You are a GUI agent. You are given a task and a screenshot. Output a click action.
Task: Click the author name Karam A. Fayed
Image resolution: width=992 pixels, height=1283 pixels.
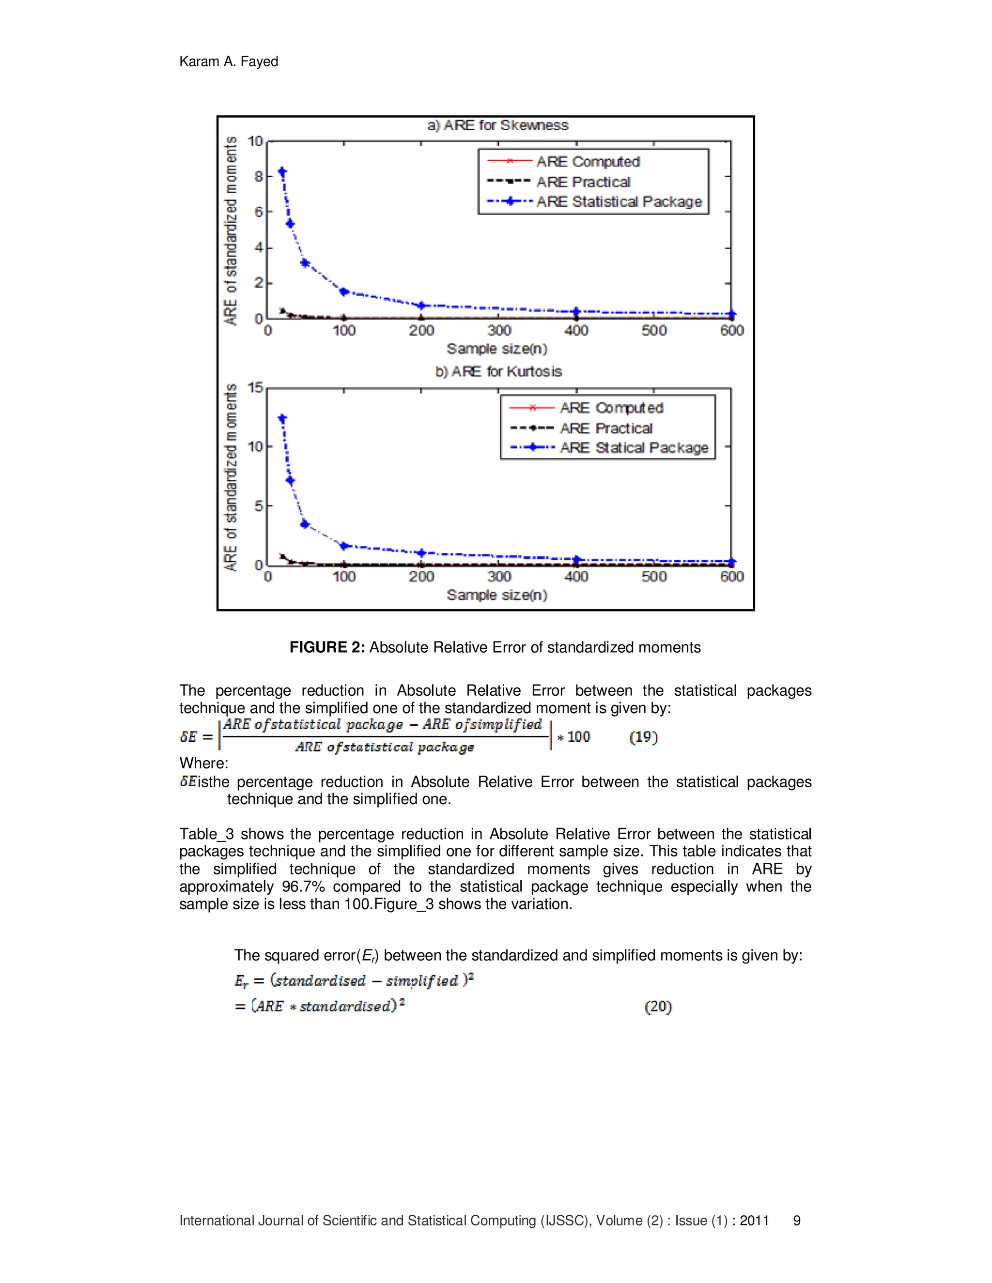tap(229, 61)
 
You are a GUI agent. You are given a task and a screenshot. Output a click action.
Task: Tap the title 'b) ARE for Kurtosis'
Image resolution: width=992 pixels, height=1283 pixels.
tap(498, 372)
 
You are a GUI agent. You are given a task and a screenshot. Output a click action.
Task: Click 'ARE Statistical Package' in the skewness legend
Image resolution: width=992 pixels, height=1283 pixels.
tap(619, 202)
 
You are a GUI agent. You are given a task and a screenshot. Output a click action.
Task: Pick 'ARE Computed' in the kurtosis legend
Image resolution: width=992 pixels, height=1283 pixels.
tap(611, 408)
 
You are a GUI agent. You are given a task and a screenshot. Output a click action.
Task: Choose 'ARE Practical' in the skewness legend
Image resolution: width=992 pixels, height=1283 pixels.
tap(583, 182)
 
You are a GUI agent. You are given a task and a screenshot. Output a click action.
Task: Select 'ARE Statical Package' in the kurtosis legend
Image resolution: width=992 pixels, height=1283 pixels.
tap(634, 448)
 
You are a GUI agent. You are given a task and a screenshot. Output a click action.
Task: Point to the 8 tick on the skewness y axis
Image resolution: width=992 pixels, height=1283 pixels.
tap(259, 176)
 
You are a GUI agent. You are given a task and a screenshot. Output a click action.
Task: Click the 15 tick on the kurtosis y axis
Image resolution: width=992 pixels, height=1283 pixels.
tap(256, 388)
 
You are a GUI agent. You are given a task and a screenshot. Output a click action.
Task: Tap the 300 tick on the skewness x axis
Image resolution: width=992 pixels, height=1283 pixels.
tap(499, 331)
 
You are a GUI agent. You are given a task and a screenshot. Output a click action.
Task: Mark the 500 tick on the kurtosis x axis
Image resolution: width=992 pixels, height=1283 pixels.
tap(654, 577)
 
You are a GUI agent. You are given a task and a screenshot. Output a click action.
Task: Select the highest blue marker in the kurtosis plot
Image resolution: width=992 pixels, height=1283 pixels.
tap(283, 419)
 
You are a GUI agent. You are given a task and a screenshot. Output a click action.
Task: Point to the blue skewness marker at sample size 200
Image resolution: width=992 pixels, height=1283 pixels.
tap(421, 305)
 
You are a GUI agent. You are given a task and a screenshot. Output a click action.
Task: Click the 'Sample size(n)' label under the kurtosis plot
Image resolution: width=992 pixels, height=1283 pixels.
tap(496, 595)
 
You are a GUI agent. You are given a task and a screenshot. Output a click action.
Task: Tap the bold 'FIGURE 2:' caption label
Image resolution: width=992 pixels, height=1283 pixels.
tap(327, 647)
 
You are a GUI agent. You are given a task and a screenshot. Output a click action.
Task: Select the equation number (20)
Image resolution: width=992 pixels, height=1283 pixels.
tap(658, 1007)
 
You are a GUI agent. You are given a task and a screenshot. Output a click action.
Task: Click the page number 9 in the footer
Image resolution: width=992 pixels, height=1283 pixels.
tap(797, 1221)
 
